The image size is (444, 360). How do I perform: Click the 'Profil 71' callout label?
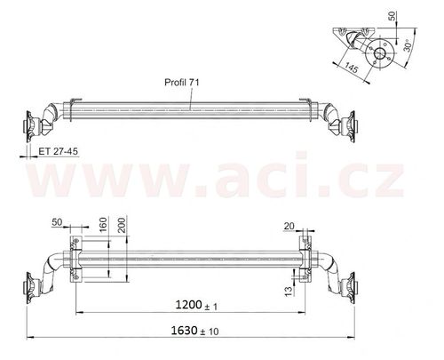pyautogui.click(x=182, y=82)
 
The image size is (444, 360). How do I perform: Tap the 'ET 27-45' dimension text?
pyautogui.click(x=59, y=151)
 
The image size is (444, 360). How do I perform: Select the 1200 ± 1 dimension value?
pyautogui.click(x=196, y=305)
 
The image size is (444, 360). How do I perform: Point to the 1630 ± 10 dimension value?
pyautogui.click(x=194, y=331)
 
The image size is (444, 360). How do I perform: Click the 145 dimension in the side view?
pyautogui.click(x=352, y=68)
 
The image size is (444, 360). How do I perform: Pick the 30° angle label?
pyautogui.click(x=408, y=45)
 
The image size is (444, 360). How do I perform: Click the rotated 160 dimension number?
pyautogui.click(x=103, y=225)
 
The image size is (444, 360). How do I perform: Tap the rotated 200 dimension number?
pyautogui.click(x=122, y=224)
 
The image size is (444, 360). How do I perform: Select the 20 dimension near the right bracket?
pyautogui.click(x=289, y=226)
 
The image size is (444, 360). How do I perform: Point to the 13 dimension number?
pyautogui.click(x=289, y=291)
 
